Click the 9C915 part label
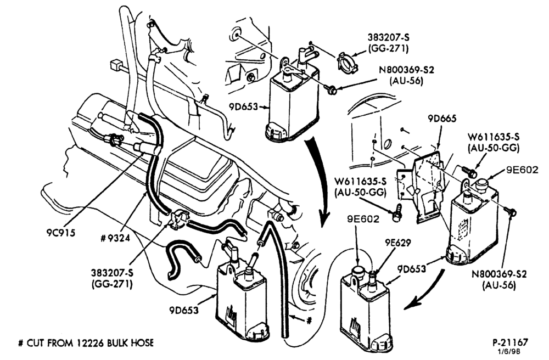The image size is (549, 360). pyautogui.click(x=61, y=233)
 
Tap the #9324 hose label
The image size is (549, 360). pyautogui.click(x=115, y=238)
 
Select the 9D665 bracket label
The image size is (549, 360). pyautogui.click(x=442, y=119)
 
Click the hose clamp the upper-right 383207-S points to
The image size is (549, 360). pyautogui.click(x=345, y=62)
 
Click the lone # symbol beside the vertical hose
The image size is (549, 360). pyautogui.click(x=309, y=320)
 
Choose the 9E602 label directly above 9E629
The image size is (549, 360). pyautogui.click(x=363, y=219)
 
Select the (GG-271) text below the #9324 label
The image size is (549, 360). pyautogui.click(x=112, y=284)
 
